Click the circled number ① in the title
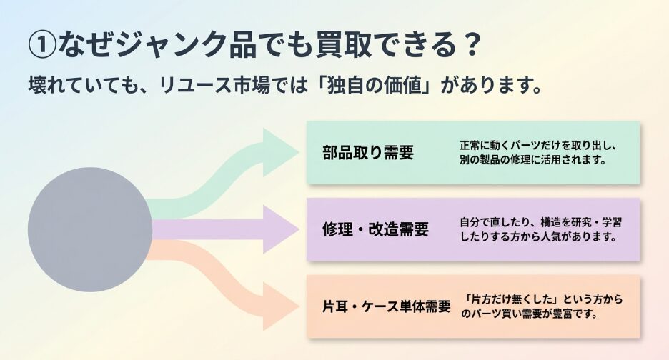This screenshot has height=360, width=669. pos(42,45)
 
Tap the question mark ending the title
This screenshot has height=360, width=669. pos(472,45)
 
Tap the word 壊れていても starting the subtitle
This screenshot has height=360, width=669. pos(85,86)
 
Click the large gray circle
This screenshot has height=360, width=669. pos(90,229)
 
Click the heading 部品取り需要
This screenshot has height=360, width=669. pos(368,153)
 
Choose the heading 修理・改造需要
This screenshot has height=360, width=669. pos(375,229)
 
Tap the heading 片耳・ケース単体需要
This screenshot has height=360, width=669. pos(387,306)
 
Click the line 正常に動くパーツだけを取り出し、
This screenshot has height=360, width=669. pos(537,146)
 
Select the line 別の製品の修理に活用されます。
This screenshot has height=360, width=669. pos(533,160)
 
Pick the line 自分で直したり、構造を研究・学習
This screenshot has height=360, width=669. pos(540,222)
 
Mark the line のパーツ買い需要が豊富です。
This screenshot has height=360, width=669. pos(530,314)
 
